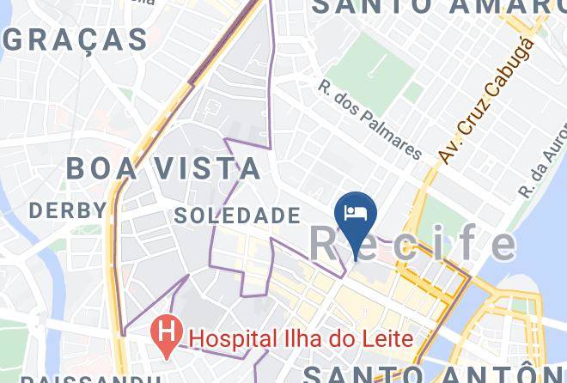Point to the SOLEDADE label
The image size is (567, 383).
[x=237, y=216]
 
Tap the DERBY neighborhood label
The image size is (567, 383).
[x=68, y=210]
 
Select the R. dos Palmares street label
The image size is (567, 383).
[x=370, y=120]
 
